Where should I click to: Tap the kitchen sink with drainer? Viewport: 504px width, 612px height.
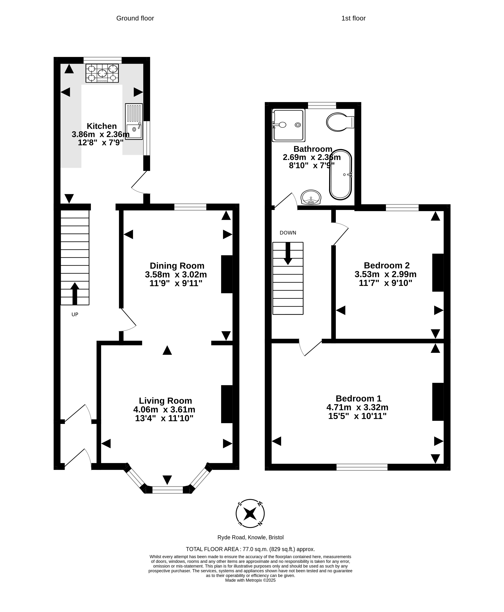click(134, 121)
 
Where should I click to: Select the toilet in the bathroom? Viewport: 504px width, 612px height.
click(340, 122)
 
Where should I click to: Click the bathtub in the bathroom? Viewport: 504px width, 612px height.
click(341, 175)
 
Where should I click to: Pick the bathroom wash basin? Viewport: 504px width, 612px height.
click(311, 197)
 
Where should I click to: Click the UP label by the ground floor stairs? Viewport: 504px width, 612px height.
click(75, 314)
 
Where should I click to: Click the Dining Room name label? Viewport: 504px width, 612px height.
click(177, 266)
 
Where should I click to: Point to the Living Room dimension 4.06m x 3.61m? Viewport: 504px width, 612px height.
click(164, 410)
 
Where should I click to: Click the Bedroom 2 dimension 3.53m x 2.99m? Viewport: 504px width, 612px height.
click(386, 274)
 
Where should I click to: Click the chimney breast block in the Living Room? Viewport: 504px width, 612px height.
click(227, 404)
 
